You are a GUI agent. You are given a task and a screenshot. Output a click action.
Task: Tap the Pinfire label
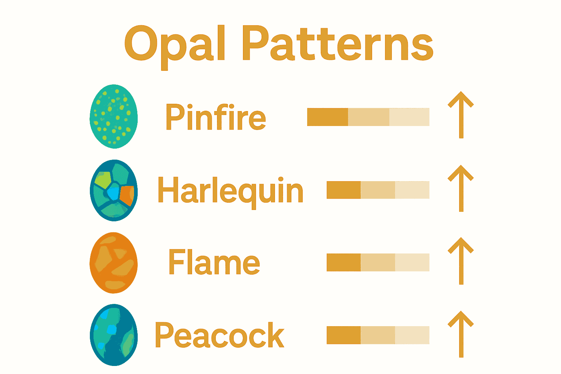215,117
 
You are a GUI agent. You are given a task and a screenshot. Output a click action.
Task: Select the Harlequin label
230,191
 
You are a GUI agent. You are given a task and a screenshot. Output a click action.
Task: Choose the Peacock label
220,335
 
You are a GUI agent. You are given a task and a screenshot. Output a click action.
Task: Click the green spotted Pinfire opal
114,117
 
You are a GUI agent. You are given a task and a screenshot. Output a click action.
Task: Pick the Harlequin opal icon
114,190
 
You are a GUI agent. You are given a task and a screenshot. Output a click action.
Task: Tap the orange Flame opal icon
114,263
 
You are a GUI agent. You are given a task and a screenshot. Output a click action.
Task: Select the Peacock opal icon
114,335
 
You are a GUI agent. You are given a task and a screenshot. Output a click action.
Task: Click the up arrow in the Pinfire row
461,115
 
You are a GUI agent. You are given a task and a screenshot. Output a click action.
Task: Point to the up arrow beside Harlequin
461,188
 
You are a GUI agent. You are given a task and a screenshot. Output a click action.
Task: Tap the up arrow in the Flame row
461,261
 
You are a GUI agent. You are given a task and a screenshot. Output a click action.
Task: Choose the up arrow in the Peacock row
461,334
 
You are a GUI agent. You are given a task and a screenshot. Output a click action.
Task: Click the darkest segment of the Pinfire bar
328,117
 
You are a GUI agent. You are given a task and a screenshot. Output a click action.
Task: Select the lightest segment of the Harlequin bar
412,190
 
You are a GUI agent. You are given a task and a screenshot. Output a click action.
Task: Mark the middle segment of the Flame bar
378,262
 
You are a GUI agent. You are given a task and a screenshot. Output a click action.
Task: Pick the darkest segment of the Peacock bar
344,335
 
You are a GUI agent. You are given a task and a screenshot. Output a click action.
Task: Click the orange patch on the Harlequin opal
127,195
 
